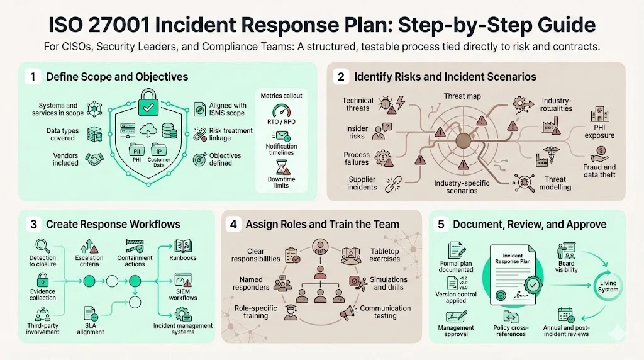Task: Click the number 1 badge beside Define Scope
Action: pos(31,77)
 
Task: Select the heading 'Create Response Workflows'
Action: pos(113,224)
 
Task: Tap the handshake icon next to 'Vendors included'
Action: pos(95,159)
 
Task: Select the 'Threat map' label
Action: pos(462,96)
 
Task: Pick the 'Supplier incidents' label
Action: pos(362,183)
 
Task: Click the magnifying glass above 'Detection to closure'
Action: pos(42,245)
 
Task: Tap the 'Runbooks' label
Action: pos(183,257)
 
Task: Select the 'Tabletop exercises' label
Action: pos(386,255)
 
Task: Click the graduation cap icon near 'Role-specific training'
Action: pos(291,312)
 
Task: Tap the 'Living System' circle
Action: pos(608,286)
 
